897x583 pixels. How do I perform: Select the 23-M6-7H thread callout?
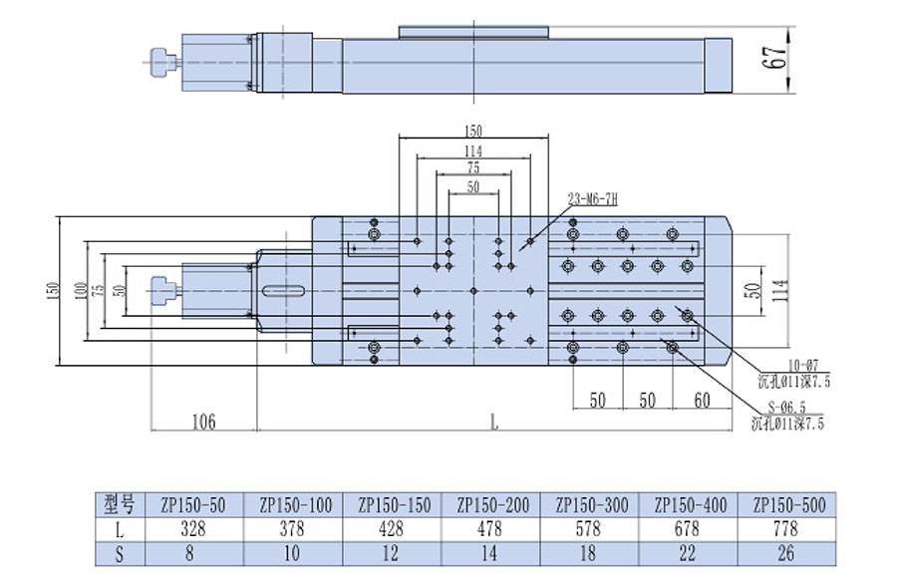click(x=593, y=200)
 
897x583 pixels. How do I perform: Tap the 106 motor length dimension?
click(x=204, y=421)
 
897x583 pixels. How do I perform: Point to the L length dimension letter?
click(x=494, y=421)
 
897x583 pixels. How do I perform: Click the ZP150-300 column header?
click(x=591, y=505)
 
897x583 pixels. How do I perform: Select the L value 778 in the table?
click(x=787, y=528)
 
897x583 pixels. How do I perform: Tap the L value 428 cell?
click(x=393, y=528)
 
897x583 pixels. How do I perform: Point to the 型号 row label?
click(x=119, y=505)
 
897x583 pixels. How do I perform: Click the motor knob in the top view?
click(x=161, y=290)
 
